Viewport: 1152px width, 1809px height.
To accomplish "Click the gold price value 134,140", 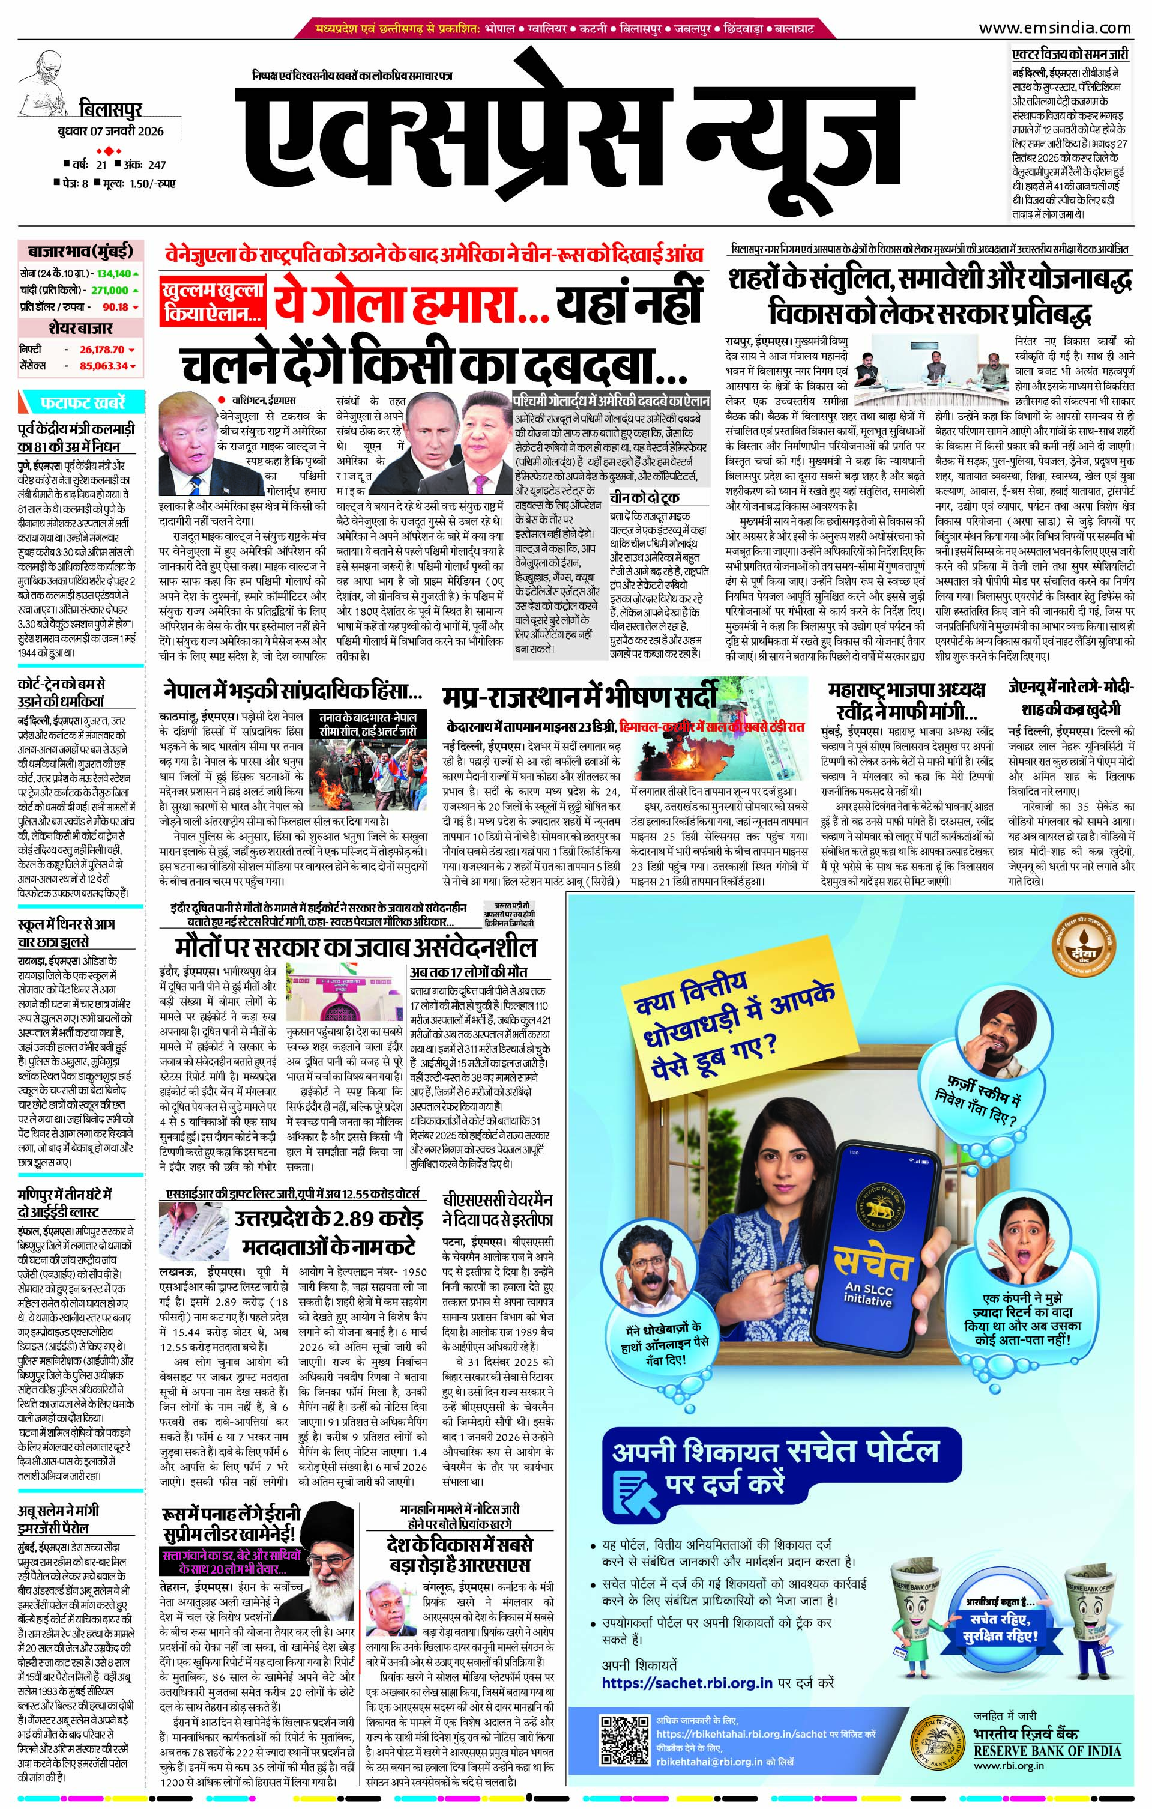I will [x=113, y=273].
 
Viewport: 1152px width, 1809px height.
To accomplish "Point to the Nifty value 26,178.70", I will [x=101, y=350].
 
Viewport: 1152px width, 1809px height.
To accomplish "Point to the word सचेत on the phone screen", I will [x=871, y=1264].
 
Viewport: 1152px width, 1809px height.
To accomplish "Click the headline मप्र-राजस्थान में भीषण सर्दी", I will [x=579, y=697].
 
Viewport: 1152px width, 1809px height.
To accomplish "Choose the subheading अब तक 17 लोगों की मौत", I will [x=468, y=971].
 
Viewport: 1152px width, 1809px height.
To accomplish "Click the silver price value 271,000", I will [x=110, y=290].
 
